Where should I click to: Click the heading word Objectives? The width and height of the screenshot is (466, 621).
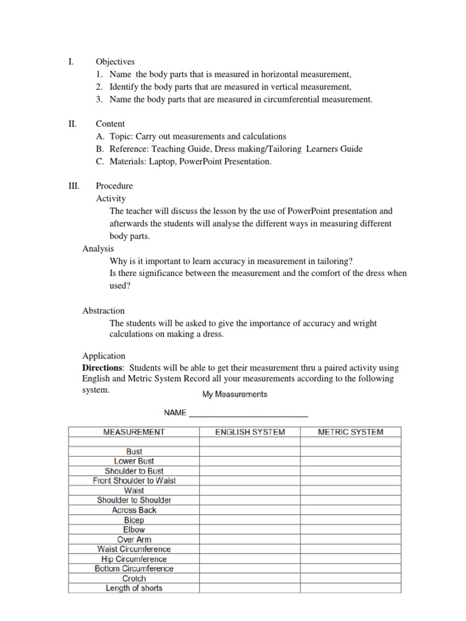click(x=115, y=62)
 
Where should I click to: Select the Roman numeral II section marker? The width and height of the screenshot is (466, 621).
click(x=71, y=124)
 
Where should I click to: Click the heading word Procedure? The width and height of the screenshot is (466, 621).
click(x=114, y=186)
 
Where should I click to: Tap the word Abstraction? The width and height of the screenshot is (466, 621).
click(x=103, y=310)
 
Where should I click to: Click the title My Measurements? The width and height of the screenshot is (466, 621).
click(x=234, y=394)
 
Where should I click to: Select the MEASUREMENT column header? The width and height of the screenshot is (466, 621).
click(x=133, y=432)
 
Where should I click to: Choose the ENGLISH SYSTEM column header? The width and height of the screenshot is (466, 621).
click(x=250, y=432)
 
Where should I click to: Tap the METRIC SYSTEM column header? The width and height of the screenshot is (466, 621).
click(x=351, y=432)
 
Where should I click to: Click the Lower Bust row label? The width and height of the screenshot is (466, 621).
click(x=133, y=462)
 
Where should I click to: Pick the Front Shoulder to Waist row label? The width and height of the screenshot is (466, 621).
click(x=133, y=481)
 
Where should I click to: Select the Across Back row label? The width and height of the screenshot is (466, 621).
click(x=133, y=510)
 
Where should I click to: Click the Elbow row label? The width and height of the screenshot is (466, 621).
click(x=133, y=529)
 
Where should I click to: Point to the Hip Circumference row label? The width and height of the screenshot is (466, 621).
click(x=133, y=559)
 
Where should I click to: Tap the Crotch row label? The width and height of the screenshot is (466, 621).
click(x=133, y=579)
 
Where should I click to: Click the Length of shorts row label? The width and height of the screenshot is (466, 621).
click(x=133, y=588)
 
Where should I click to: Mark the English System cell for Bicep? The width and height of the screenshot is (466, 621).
click(x=249, y=520)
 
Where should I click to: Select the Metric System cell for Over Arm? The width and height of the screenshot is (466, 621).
click(x=350, y=539)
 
